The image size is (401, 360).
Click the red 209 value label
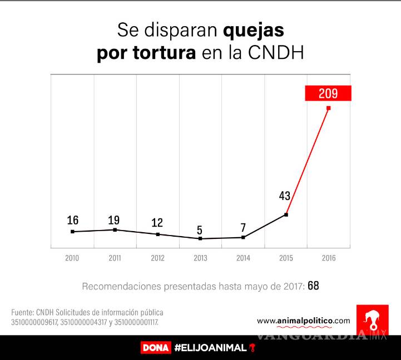pos(328,93)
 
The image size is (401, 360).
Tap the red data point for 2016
pos(328,108)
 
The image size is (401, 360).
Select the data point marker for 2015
pos(286,214)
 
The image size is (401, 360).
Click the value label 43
pos(285,196)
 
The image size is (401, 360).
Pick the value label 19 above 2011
pos(114,219)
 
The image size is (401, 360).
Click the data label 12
pos(157,223)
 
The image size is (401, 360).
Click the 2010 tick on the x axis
pos(72,258)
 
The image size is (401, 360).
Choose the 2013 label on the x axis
pos(200,258)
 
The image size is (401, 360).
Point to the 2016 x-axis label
pos(328,258)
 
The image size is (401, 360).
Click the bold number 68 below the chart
pos(313,286)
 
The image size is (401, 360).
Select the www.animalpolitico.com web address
pos(304,321)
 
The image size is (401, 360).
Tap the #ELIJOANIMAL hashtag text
pos(210,348)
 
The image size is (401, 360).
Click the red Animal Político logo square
pos(372,319)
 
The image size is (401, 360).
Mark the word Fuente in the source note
pos(22,312)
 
